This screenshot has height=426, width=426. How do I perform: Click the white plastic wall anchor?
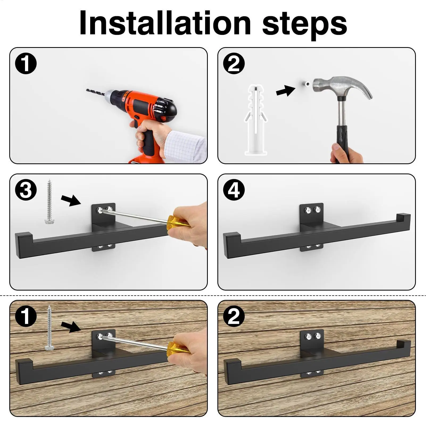point(255,120)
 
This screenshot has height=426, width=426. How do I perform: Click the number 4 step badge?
point(234,190)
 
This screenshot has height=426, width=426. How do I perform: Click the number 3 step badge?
point(26,190)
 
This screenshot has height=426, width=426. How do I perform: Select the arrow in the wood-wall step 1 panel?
point(71,326)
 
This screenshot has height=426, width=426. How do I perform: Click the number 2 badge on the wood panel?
point(234,316)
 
